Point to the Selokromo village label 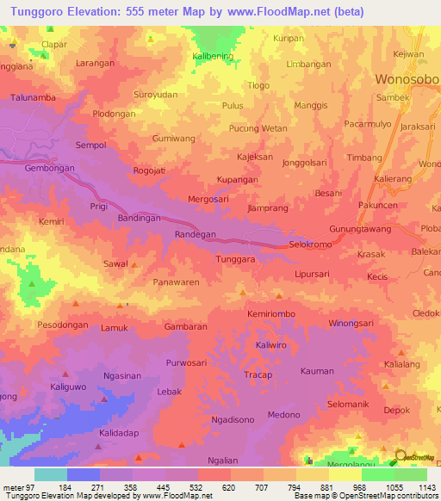pyautogui.click(x=309, y=244)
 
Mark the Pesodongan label pyautogui.click(x=63, y=326)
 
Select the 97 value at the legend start pyautogui.click(x=34, y=488)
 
